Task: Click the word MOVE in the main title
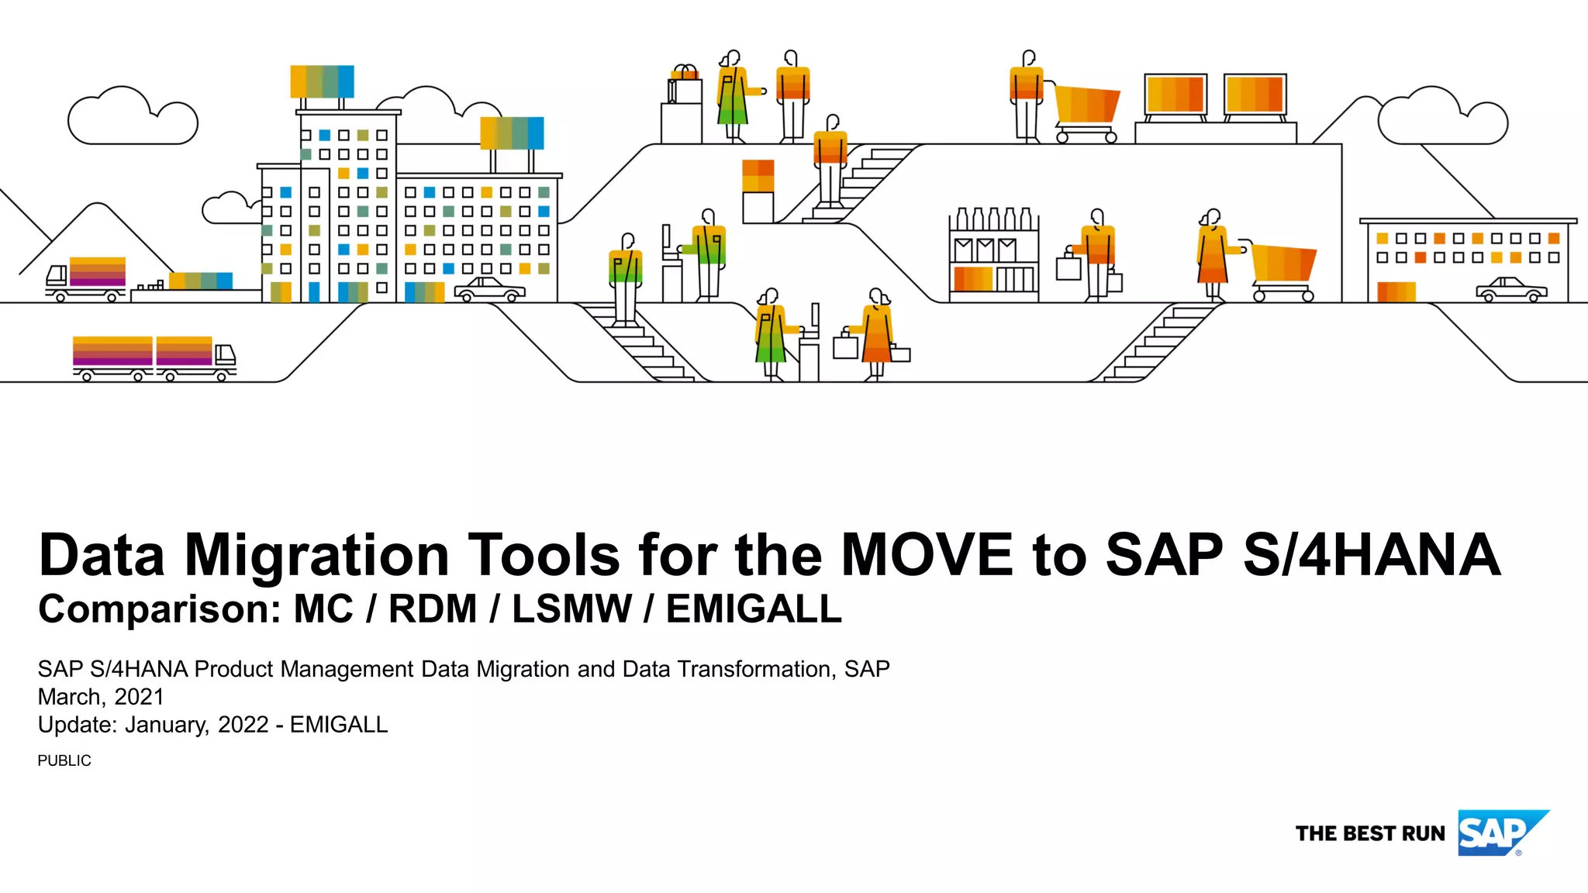click(927, 556)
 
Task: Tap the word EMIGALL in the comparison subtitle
click(754, 609)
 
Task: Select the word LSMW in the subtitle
click(571, 609)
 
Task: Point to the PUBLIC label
click(64, 761)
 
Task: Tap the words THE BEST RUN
click(1370, 834)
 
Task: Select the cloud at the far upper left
click(132, 117)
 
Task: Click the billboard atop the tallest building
click(322, 81)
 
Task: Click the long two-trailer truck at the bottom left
click(154, 357)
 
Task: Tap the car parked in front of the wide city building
click(489, 291)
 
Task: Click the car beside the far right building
click(1511, 290)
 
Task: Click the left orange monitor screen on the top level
click(1175, 95)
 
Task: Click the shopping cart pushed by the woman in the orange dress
click(1282, 268)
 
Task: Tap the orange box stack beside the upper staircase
click(758, 176)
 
